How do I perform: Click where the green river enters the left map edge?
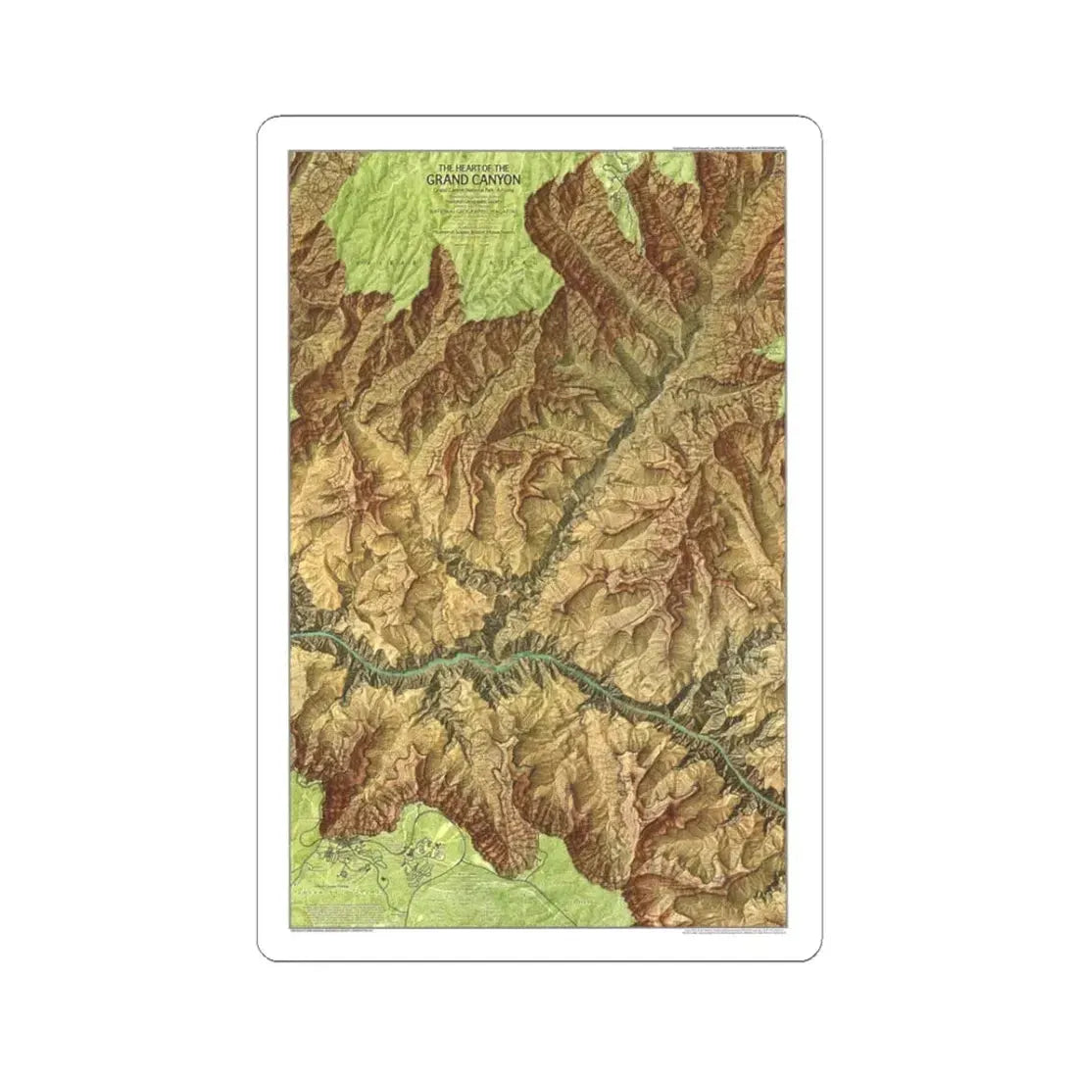click(x=294, y=638)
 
